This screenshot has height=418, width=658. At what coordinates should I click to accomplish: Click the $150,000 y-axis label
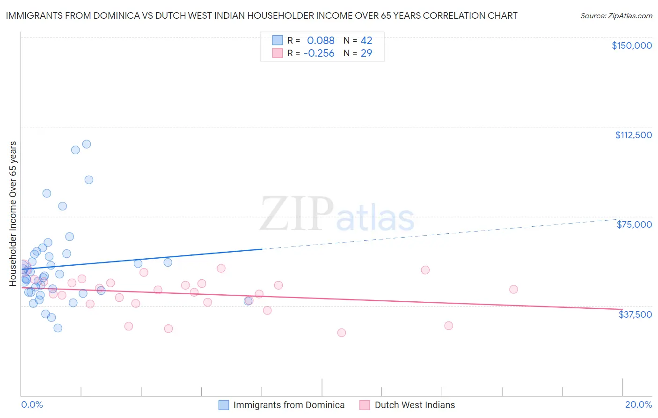(x=631, y=45)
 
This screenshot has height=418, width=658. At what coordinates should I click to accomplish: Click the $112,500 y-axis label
(x=633, y=135)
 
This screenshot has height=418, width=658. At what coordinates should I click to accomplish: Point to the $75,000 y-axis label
(x=634, y=224)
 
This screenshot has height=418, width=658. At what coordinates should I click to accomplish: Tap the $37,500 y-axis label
(x=635, y=314)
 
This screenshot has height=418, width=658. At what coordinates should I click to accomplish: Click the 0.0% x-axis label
(x=32, y=405)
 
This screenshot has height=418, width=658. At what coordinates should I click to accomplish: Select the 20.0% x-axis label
(x=638, y=405)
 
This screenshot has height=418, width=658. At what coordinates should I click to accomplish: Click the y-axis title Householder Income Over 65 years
(x=13, y=214)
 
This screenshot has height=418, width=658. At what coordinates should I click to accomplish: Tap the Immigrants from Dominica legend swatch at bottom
(x=224, y=405)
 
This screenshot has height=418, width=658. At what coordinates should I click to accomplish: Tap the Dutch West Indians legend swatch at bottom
(x=365, y=405)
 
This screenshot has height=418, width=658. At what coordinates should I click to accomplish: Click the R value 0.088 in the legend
(x=321, y=41)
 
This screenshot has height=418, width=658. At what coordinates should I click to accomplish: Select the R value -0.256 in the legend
(x=319, y=53)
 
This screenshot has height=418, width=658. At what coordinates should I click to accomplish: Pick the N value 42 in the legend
(x=366, y=41)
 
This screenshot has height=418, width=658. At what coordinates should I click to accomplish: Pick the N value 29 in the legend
(x=366, y=53)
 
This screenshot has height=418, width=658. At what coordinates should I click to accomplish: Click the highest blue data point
(x=87, y=144)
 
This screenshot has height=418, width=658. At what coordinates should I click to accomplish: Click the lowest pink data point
(x=342, y=333)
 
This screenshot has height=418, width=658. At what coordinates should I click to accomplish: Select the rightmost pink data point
(x=513, y=290)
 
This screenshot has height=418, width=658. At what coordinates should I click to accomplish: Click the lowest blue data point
(x=58, y=328)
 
